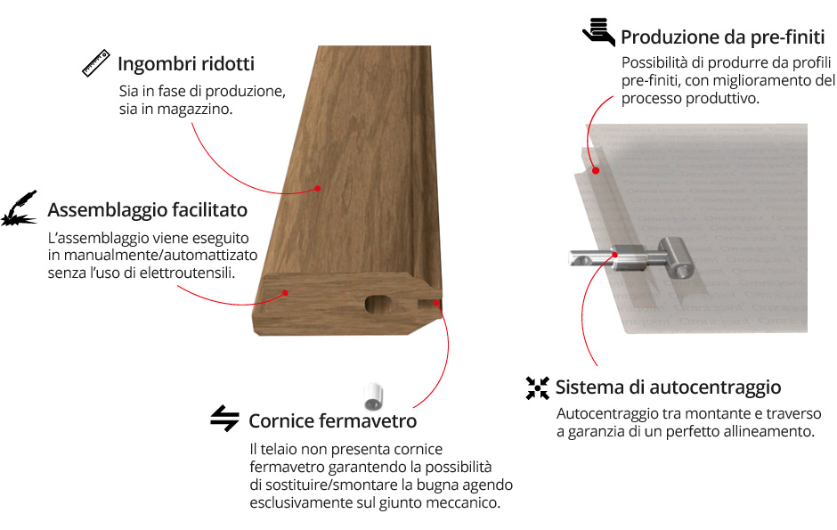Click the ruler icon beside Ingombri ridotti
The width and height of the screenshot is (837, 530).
tap(96, 63)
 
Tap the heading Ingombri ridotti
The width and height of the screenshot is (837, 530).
tap(186, 64)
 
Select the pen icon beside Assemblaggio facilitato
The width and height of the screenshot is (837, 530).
tap(20, 208)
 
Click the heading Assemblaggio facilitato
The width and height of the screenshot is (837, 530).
tap(147, 209)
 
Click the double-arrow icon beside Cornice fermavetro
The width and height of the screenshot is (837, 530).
tap(224, 419)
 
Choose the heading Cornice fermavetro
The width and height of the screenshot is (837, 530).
tap(332, 421)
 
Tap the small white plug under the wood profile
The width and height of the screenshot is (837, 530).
tap(373, 396)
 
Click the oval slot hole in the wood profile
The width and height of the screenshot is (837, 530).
tap(379, 305)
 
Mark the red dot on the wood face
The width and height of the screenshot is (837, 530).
tap(317, 188)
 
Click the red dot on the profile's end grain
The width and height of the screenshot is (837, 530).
tap(285, 293)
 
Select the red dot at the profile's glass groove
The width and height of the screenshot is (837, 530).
tap(436, 303)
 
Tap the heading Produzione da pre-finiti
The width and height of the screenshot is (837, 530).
tap(723, 37)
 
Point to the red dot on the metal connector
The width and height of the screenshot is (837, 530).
tap(615, 255)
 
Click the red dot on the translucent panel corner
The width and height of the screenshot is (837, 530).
tap(596, 171)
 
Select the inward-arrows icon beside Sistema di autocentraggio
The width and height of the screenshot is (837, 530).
tap(537, 388)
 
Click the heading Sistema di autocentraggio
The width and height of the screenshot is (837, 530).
tap(668, 387)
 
